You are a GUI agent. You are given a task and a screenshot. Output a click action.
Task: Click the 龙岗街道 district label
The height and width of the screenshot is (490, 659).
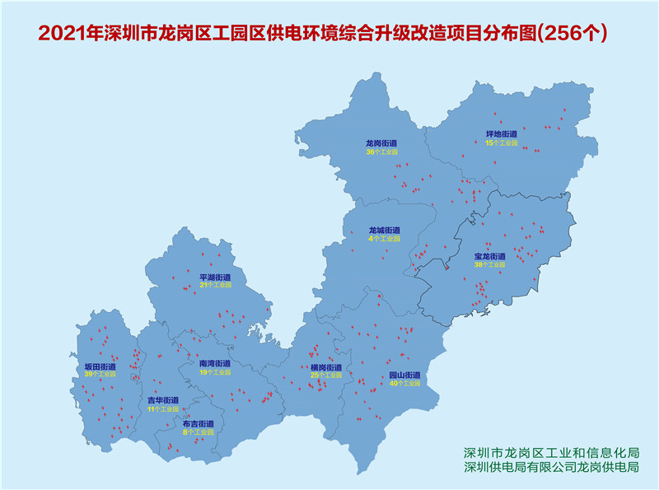(x=381, y=143)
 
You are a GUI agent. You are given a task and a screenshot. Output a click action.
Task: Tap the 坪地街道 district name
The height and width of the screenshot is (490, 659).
(x=501, y=134)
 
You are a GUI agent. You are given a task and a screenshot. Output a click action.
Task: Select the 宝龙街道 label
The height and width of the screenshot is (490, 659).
(x=489, y=256)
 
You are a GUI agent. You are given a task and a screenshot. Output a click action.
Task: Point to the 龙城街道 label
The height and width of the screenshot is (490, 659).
(x=384, y=230)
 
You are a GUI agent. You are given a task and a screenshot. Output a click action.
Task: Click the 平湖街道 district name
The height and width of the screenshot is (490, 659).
(x=215, y=277)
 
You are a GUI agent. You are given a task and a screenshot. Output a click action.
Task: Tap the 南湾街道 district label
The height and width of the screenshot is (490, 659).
(x=214, y=363)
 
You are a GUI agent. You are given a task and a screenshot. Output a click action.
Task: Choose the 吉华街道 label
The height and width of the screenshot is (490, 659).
(x=162, y=400)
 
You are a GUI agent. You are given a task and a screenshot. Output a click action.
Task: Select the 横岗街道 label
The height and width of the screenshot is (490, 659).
(x=325, y=367)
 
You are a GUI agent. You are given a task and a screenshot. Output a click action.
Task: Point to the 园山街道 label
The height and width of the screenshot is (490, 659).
(x=404, y=375)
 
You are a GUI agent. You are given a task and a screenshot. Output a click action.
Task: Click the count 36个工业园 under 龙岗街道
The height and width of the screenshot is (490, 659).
(x=381, y=152)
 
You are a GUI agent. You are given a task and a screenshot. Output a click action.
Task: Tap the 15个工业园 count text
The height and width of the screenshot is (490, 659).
(x=501, y=143)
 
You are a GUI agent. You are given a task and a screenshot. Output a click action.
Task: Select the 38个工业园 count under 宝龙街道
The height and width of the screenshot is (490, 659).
(x=489, y=265)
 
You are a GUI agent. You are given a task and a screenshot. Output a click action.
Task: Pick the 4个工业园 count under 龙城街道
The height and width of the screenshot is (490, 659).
(x=384, y=239)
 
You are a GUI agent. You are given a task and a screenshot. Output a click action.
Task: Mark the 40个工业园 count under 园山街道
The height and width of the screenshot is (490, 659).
(x=404, y=384)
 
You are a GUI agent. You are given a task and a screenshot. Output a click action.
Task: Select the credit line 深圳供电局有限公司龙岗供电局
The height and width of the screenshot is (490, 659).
(x=552, y=468)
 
